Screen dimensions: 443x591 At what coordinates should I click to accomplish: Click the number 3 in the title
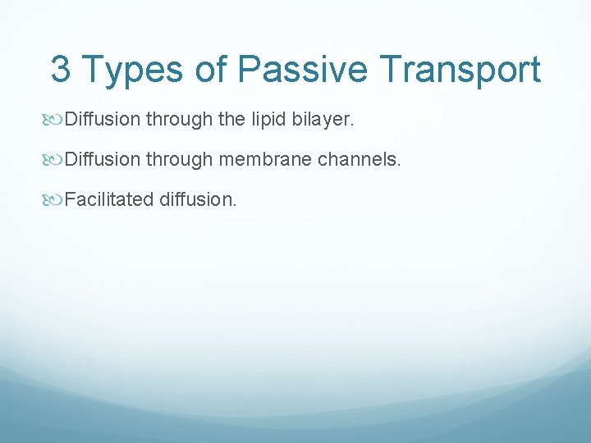tap(60, 70)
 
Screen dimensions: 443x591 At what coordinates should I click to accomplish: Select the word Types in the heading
tap(134, 71)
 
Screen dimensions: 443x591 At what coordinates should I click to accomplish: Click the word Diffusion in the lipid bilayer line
tap(103, 121)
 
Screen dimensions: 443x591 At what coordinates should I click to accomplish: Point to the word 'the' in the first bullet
tap(232, 121)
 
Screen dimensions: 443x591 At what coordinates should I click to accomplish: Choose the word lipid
tap(269, 121)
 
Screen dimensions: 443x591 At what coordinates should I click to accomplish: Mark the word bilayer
tap(323, 121)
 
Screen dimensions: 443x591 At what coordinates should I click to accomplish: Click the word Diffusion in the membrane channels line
tap(103, 159)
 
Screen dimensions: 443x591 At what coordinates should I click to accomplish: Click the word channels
tap(360, 159)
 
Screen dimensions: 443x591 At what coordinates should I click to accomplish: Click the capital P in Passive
tap(249, 70)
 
